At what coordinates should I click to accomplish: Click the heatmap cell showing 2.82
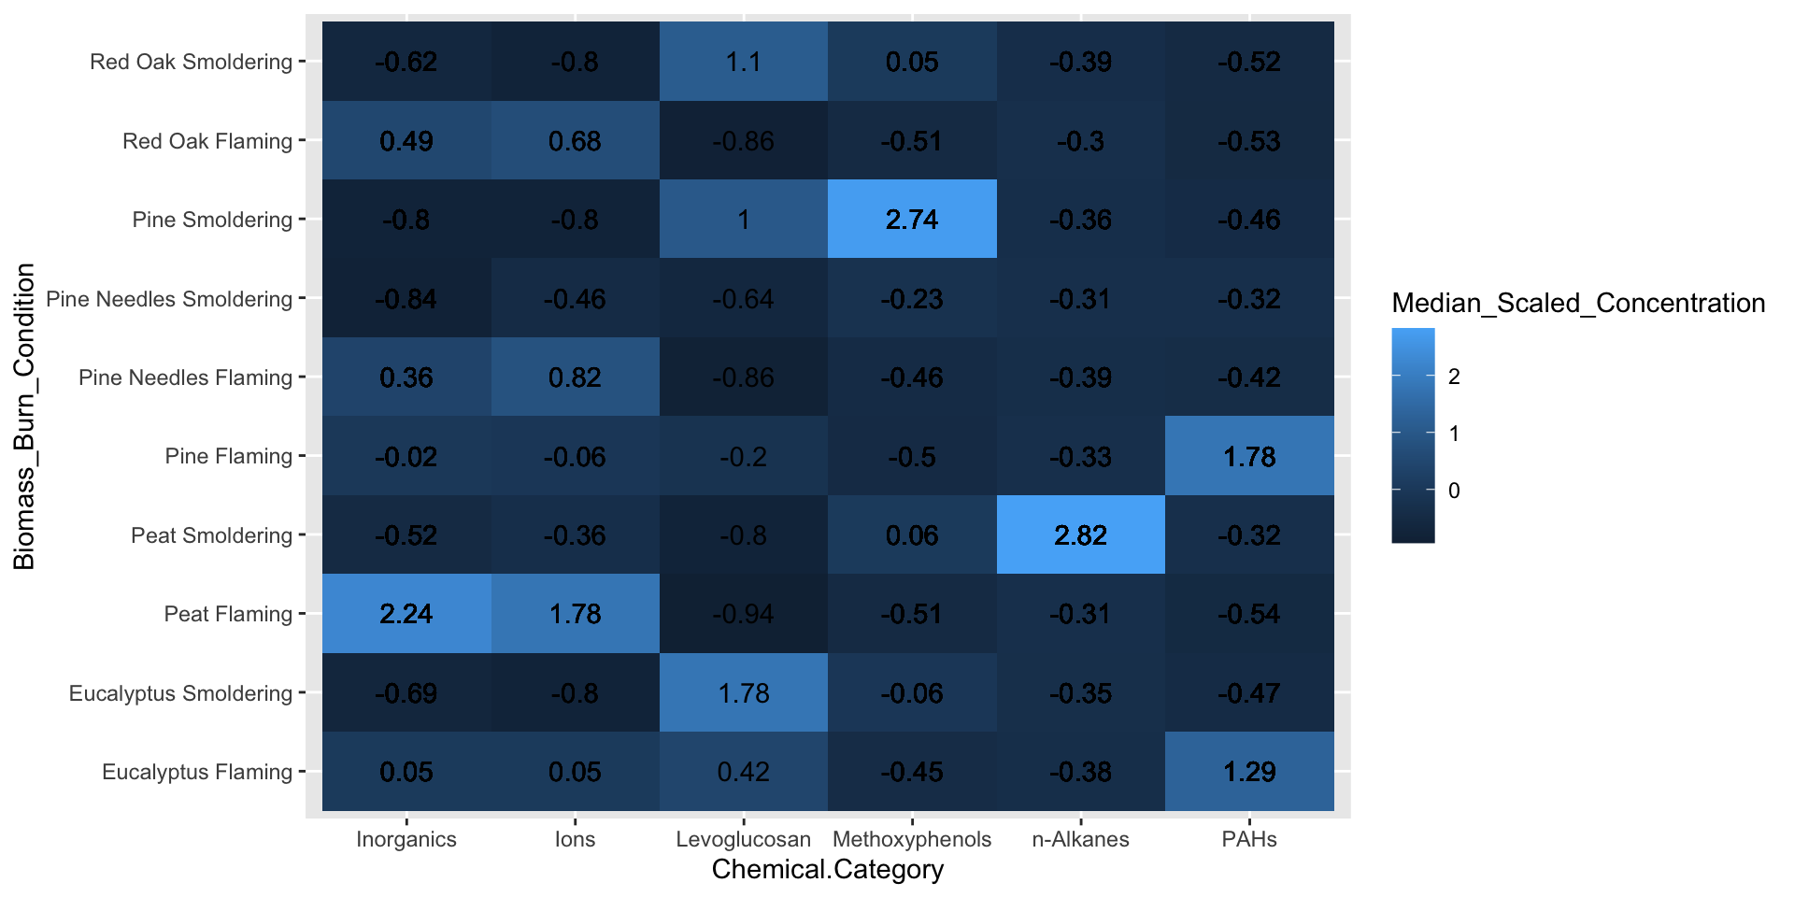(x=1080, y=535)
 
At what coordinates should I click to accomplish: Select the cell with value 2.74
(x=912, y=220)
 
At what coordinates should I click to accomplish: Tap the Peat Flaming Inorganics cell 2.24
(x=406, y=614)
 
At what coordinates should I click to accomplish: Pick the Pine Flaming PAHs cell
(x=1249, y=457)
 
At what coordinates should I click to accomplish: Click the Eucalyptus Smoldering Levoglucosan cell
(x=744, y=693)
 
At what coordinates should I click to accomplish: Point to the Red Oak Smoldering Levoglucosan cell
(x=744, y=62)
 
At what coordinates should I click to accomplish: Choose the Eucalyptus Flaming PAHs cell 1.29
(x=1249, y=772)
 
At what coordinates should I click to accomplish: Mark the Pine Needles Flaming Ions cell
(x=575, y=377)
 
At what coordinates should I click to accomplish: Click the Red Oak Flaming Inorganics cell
(x=406, y=141)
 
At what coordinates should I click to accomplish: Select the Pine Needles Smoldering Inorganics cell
(x=406, y=299)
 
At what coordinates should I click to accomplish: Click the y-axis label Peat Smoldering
(x=211, y=535)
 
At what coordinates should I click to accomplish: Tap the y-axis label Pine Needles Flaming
(x=185, y=377)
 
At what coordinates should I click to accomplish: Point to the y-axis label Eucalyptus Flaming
(x=197, y=772)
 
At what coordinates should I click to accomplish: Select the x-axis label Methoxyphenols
(x=912, y=839)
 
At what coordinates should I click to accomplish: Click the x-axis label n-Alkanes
(x=1080, y=839)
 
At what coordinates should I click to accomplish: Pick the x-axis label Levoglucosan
(x=744, y=839)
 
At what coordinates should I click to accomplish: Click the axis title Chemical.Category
(x=828, y=870)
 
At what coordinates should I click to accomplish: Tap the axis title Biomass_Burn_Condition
(x=24, y=417)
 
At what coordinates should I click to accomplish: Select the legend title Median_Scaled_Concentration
(x=1578, y=303)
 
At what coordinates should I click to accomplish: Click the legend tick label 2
(x=1454, y=377)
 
